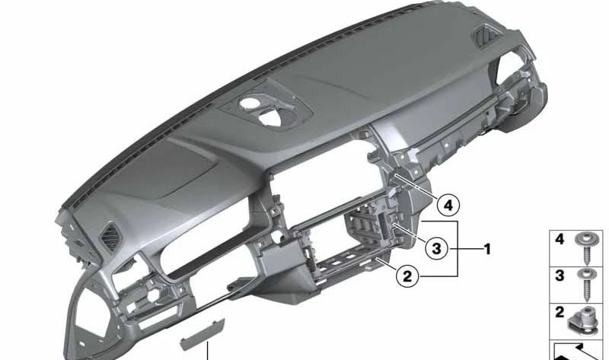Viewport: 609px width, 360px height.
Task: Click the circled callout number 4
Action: click(448, 205)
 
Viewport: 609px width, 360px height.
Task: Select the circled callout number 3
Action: click(436, 248)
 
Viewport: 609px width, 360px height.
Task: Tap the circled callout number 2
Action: click(407, 276)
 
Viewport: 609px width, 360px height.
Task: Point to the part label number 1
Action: click(487, 249)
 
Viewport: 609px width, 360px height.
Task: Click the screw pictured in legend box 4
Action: click(585, 248)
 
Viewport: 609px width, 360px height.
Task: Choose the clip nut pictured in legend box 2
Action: click(582, 320)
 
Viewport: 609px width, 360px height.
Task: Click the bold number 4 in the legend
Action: click(560, 239)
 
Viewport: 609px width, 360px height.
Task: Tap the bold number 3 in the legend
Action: click(560, 276)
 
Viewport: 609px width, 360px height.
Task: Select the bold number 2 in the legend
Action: click(560, 312)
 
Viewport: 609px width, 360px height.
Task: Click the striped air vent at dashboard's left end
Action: click(110, 237)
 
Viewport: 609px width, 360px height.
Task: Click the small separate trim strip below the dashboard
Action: click(202, 333)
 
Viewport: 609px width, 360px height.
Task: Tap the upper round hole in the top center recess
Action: click(249, 104)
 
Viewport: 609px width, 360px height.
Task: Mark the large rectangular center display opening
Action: click(324, 192)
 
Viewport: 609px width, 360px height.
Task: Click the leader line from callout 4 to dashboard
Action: click(416, 187)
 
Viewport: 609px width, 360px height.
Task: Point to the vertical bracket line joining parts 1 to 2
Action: click(458, 249)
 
